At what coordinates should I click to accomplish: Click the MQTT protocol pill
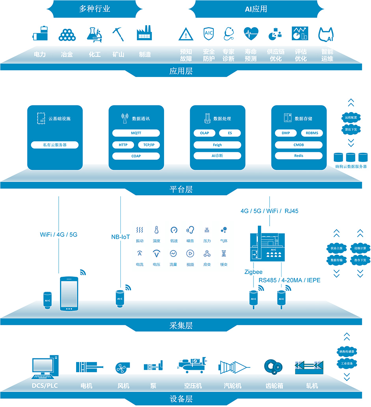(x=136, y=133)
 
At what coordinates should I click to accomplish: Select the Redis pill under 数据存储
(x=299, y=156)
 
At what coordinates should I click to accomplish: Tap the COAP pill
(x=136, y=156)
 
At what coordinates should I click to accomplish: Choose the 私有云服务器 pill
(x=55, y=145)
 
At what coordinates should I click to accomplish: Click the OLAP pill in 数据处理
(x=204, y=133)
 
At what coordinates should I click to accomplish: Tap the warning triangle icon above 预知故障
(x=186, y=35)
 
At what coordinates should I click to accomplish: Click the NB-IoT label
(x=120, y=237)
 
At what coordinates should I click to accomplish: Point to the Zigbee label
(x=253, y=272)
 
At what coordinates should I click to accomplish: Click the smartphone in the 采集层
(x=69, y=293)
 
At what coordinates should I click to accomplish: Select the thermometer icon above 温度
(x=157, y=230)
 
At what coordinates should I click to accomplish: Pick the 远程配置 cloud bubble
(x=350, y=118)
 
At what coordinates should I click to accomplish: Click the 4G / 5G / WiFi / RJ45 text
(x=270, y=211)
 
